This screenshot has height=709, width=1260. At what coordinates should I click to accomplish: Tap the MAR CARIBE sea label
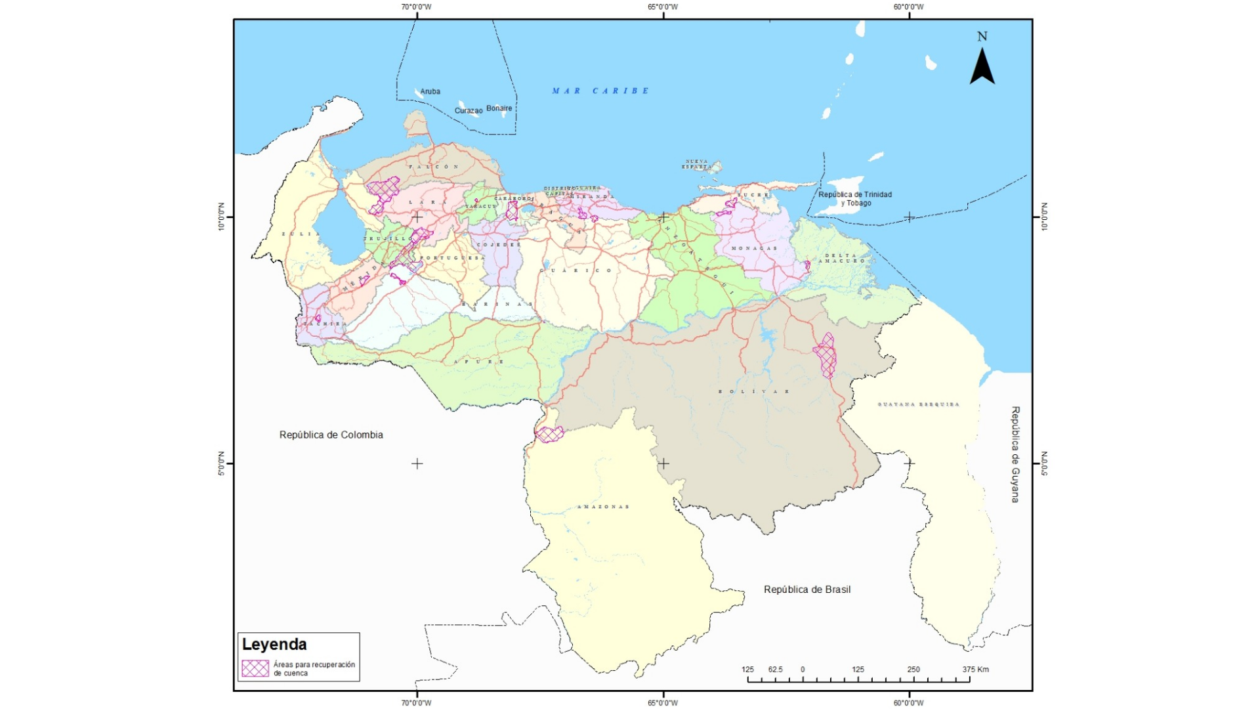point(600,91)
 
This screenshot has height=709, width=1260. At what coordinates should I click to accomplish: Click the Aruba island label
point(430,92)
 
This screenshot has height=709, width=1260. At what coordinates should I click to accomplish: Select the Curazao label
point(469,111)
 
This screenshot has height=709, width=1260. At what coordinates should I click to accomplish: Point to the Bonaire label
point(499,108)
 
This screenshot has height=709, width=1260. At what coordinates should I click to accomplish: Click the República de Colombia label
point(331,435)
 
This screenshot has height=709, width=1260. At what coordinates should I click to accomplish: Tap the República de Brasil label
point(807,590)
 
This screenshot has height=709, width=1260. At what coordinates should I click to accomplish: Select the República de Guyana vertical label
point(1015,454)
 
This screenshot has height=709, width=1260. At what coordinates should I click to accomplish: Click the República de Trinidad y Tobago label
point(854,199)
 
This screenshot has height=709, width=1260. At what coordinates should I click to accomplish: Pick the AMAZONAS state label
point(603,507)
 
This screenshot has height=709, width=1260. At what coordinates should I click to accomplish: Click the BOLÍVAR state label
point(754,391)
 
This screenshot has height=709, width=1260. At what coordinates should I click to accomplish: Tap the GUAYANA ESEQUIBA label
point(918,404)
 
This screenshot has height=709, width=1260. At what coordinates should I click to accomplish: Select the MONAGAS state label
point(754,248)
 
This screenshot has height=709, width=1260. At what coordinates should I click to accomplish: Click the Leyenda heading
point(274,644)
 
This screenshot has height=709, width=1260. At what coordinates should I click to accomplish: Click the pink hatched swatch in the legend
point(255,668)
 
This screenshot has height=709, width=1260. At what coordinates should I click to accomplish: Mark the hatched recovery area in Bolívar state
point(825,356)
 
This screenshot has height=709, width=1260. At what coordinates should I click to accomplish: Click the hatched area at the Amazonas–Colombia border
point(549,434)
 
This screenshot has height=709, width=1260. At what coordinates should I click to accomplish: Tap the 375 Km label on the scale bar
point(975,670)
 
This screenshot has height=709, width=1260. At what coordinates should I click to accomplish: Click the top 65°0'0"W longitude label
point(663,7)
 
